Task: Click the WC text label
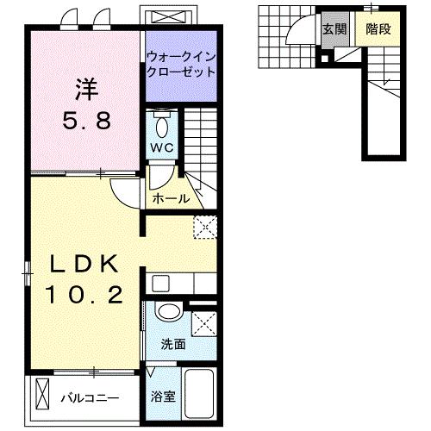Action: tap(162, 147)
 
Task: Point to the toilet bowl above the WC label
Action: tap(162, 127)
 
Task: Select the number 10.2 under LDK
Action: tap(86, 296)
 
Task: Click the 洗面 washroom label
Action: tap(172, 344)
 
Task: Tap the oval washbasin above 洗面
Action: tap(169, 310)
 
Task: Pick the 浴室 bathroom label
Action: tap(163, 398)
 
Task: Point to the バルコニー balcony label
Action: tap(89, 399)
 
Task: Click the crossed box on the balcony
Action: tap(43, 397)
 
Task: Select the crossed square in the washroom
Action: tap(205, 323)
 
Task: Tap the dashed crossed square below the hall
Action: tap(204, 226)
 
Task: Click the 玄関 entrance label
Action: tap(334, 28)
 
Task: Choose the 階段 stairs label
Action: tap(378, 28)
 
